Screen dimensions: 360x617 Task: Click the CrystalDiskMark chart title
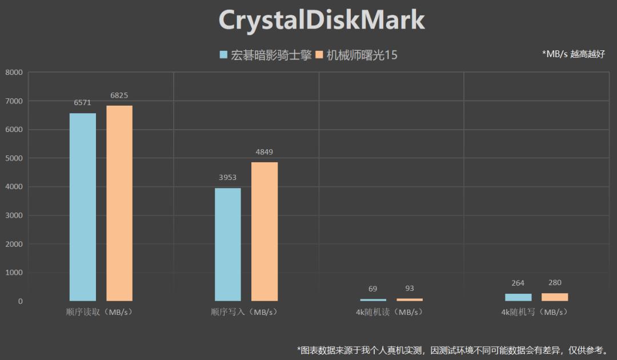322,21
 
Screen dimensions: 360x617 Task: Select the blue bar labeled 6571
83,207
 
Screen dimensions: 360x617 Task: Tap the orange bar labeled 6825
119,203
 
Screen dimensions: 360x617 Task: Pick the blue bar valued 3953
228,244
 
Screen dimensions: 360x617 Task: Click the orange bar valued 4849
265,231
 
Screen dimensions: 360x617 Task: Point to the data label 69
373,289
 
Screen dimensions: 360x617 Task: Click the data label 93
410,289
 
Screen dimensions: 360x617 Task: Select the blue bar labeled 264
518,297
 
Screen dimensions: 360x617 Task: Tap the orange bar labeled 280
555,297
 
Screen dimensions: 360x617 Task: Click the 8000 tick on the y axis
14,73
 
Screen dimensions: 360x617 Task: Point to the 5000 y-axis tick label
14,158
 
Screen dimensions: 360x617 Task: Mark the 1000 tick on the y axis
14,273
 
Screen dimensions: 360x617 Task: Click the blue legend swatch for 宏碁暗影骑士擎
224,55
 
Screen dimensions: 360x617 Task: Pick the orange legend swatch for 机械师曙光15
319,55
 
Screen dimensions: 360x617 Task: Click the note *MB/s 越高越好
573,54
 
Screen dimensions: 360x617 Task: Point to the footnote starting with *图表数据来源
452,350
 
